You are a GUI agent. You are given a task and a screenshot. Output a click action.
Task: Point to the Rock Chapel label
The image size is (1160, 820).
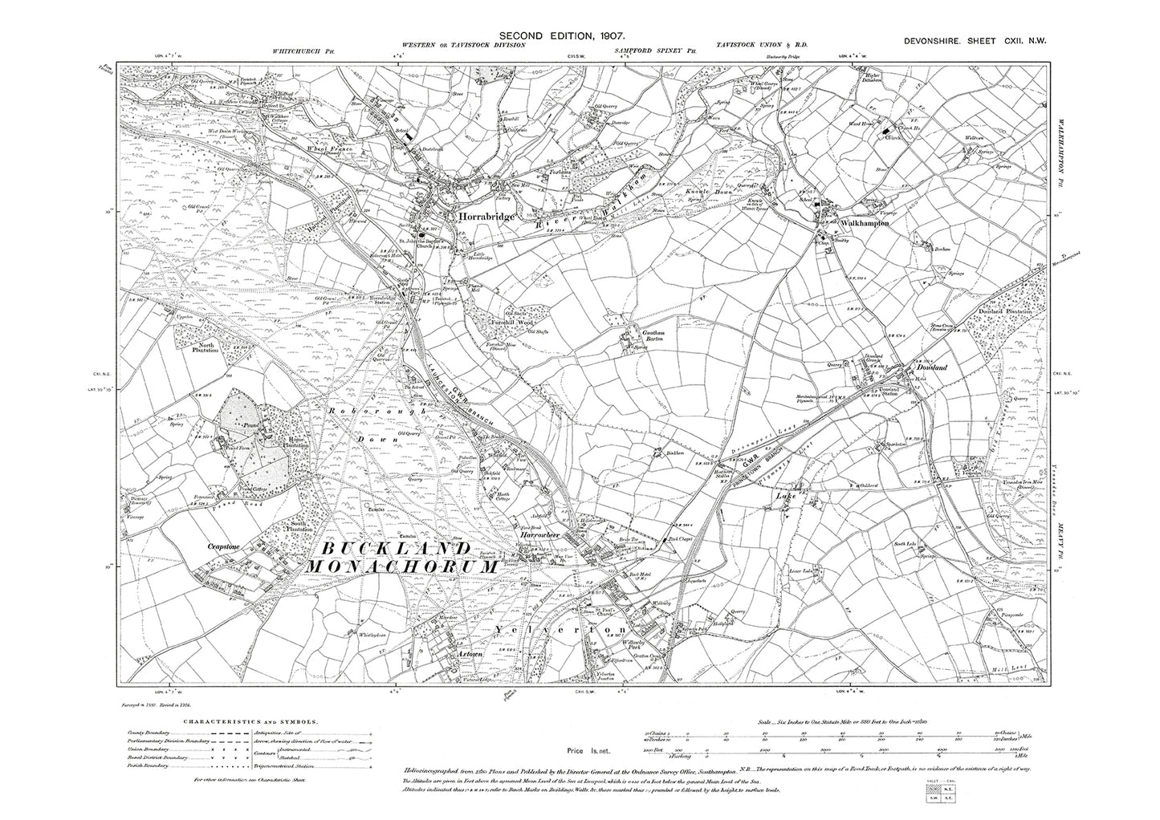[658, 540]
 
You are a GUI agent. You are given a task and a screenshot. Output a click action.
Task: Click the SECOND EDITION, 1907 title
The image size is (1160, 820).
[561, 35]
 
